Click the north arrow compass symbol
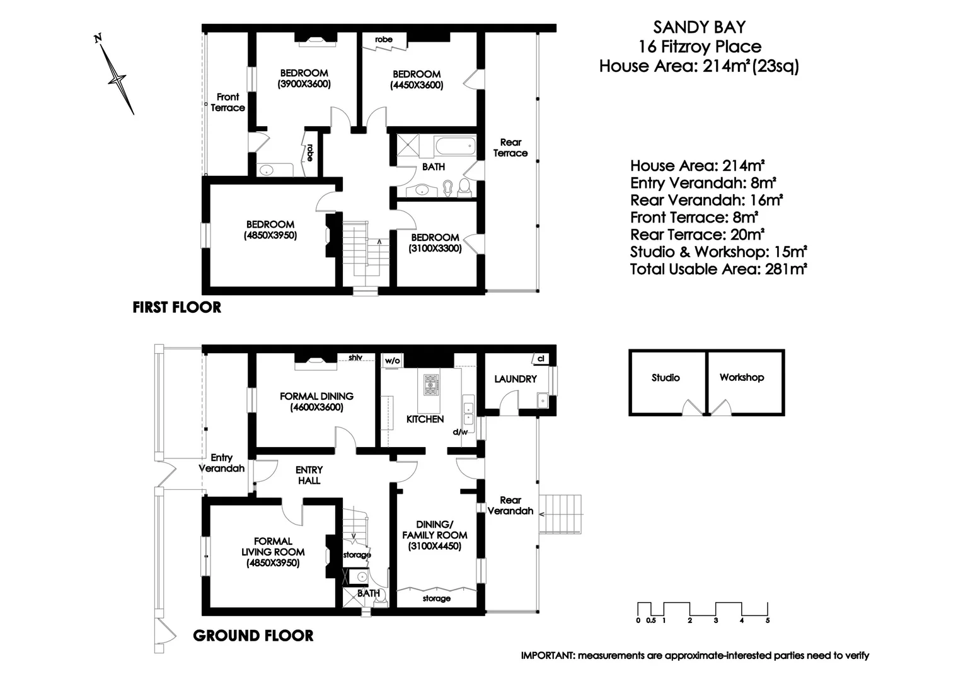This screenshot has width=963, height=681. pyautogui.click(x=116, y=78)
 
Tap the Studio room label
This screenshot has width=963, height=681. pyautogui.click(x=666, y=378)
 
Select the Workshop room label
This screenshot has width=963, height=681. pyautogui.click(x=742, y=377)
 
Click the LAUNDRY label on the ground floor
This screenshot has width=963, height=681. pyautogui.click(x=515, y=379)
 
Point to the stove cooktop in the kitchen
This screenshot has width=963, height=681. pyautogui.click(x=432, y=384)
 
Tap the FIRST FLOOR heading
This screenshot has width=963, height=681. pyautogui.click(x=177, y=308)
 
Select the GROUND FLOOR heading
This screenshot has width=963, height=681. pyautogui.click(x=253, y=636)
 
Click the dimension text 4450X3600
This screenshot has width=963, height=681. pyautogui.click(x=417, y=85)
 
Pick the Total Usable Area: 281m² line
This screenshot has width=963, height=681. pyautogui.click(x=719, y=269)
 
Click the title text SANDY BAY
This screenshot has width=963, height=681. pyautogui.click(x=699, y=27)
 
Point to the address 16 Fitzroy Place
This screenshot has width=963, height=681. pyautogui.click(x=700, y=47)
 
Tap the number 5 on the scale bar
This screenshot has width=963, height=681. pyautogui.click(x=767, y=620)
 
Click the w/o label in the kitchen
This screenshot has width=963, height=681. pyautogui.click(x=392, y=361)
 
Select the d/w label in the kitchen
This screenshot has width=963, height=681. pyautogui.click(x=460, y=432)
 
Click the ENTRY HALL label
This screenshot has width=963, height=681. pyautogui.click(x=309, y=475)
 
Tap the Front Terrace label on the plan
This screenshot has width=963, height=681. pyautogui.click(x=228, y=102)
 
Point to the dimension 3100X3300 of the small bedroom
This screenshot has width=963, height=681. pyautogui.click(x=435, y=248)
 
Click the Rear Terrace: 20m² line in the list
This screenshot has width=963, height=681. pyautogui.click(x=697, y=235)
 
